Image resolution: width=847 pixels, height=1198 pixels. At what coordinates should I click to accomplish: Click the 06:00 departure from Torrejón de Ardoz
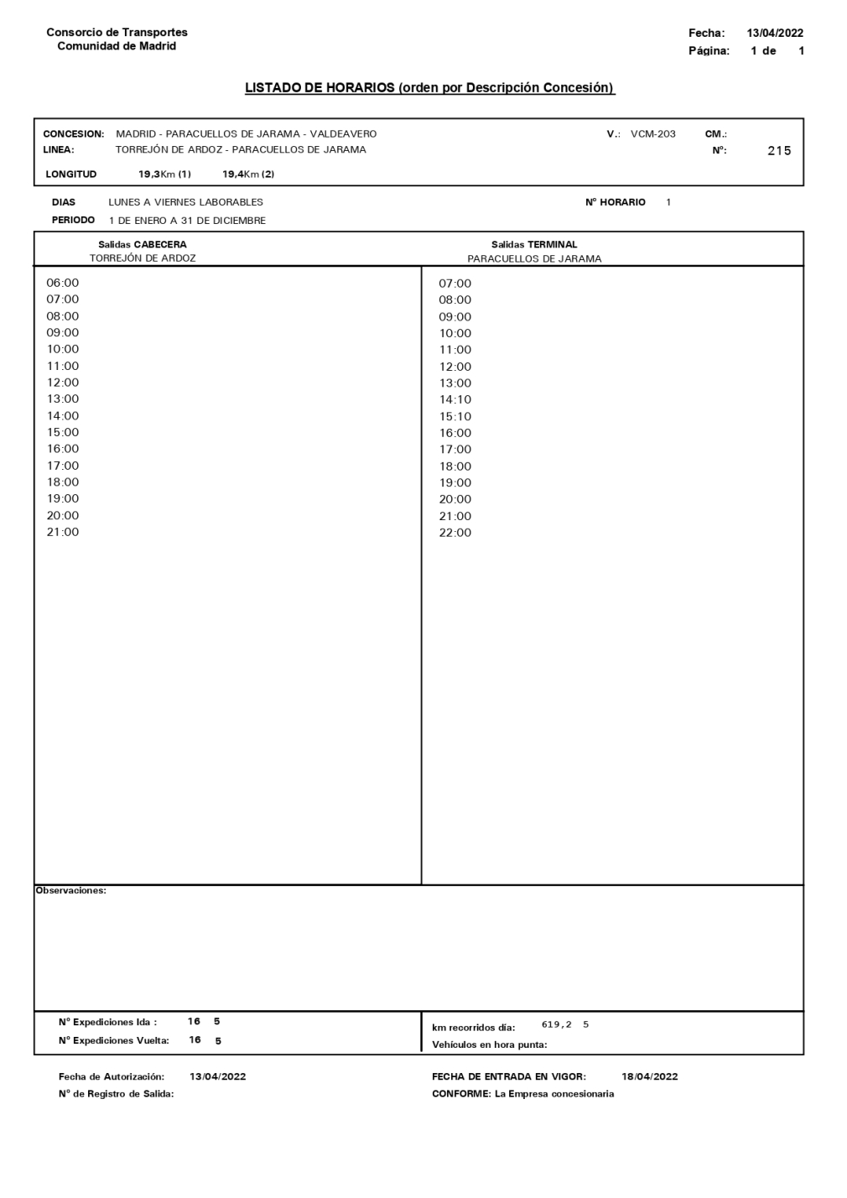tap(63, 283)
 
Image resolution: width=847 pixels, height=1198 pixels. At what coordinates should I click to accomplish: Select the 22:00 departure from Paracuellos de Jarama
tap(455, 533)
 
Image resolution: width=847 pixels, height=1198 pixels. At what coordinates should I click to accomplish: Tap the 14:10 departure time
tap(455, 399)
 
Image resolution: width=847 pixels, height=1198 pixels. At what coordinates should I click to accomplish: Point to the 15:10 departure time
tap(455, 416)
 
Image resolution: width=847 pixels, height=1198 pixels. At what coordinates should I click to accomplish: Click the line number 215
tap(779, 151)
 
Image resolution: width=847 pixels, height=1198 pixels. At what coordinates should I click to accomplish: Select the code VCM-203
tap(652, 134)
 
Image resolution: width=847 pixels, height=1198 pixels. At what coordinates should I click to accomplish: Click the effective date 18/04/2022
tap(650, 1076)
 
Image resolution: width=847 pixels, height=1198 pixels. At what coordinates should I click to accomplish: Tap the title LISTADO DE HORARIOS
tap(429, 88)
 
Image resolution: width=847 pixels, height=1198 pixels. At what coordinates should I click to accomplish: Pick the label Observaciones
tap(71, 891)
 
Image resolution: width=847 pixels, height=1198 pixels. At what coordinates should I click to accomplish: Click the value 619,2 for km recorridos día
tap(557, 1024)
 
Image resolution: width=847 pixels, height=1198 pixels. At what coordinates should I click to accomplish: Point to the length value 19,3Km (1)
tap(165, 174)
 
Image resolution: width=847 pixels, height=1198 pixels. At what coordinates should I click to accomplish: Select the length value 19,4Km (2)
tap(248, 174)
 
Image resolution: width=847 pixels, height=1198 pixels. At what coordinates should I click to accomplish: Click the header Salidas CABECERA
tap(143, 245)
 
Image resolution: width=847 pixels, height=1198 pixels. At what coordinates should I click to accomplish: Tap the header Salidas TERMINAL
tap(534, 245)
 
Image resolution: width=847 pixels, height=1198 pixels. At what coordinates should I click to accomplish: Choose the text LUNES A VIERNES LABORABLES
tap(185, 202)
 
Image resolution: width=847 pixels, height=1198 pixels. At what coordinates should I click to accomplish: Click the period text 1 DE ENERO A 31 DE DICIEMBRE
tap(187, 221)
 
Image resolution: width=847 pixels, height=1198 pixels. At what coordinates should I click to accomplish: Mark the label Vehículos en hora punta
tap(489, 1044)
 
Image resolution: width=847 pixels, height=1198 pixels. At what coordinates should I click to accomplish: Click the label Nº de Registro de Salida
tap(116, 1094)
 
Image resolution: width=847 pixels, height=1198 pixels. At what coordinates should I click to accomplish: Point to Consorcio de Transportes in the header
tap(117, 33)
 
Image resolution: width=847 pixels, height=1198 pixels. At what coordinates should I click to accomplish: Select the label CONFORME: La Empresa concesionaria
tap(522, 1094)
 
